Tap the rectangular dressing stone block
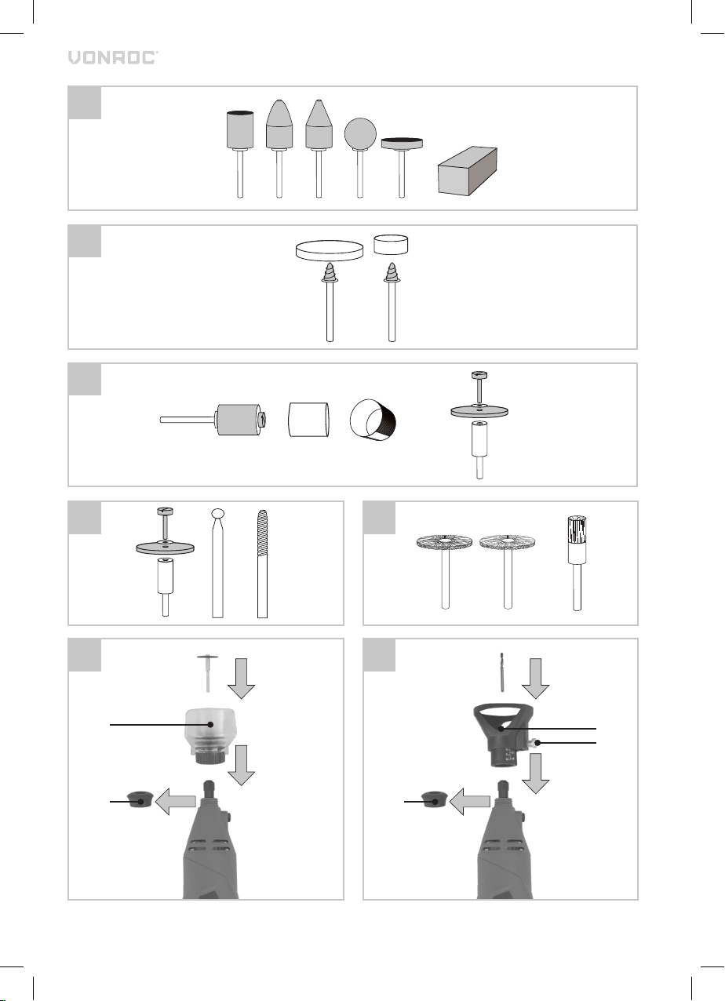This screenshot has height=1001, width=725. point(467,170)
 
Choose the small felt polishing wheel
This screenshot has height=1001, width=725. point(391,245)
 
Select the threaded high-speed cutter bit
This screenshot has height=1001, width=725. point(262,564)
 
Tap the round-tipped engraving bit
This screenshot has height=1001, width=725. point(217,563)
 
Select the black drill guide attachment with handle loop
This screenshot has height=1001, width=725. point(503,734)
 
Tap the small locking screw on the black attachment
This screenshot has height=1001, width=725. point(534,743)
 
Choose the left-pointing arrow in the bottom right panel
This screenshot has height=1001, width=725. point(470,801)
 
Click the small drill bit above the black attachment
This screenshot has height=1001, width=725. point(501,672)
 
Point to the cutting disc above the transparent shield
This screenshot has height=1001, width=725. point(207,672)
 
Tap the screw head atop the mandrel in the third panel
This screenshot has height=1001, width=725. point(479,375)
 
